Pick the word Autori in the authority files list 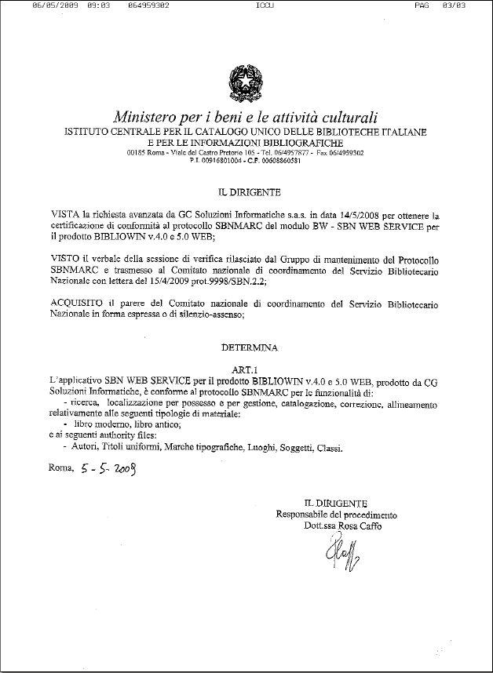[x=86, y=448]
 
